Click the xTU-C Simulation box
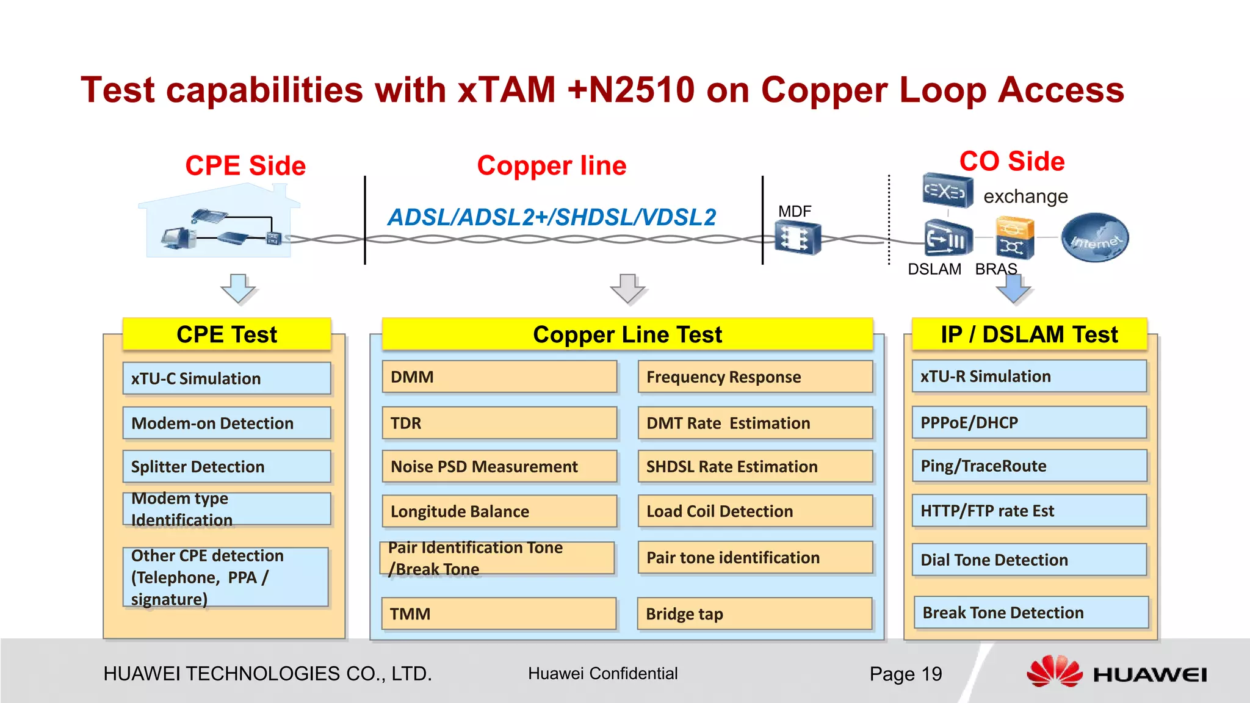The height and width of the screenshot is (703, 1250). click(x=226, y=378)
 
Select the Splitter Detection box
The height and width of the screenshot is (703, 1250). click(x=226, y=467)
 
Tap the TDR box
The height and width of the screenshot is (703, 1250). click(x=499, y=423)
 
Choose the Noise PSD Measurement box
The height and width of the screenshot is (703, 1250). click(x=499, y=467)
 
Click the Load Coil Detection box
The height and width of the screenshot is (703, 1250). click(x=755, y=511)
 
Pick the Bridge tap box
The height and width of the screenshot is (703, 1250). click(x=755, y=614)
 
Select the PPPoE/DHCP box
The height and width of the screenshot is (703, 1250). click(x=1029, y=422)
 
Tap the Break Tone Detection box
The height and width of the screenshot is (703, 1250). click(x=1031, y=613)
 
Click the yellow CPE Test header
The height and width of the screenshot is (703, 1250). click(x=226, y=334)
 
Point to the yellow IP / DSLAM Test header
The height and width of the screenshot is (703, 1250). click(x=1029, y=334)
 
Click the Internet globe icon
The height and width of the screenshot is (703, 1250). click(x=1095, y=238)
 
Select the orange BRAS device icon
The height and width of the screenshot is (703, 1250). click(x=1014, y=238)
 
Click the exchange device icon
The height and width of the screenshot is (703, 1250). click(x=947, y=191)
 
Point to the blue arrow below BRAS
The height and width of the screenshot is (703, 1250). click(x=1013, y=290)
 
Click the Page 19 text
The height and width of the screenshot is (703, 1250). click(x=905, y=674)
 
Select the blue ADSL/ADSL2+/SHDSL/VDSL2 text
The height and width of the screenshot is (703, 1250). click(x=552, y=217)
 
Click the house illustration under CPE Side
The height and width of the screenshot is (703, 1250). click(x=220, y=223)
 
